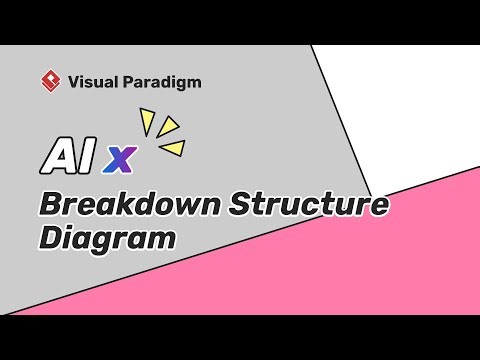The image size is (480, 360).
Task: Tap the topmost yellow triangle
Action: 147,124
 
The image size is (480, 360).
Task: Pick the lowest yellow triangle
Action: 173,148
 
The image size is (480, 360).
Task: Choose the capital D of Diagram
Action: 51,238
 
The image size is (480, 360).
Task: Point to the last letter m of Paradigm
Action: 194,82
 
